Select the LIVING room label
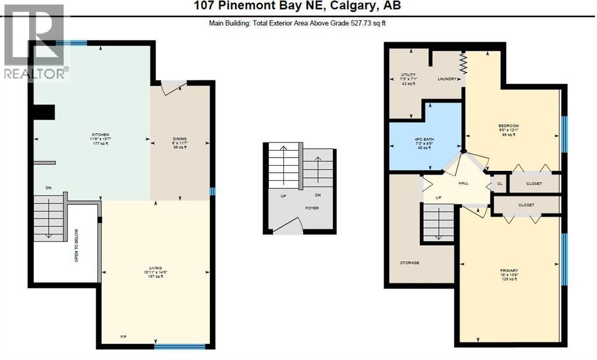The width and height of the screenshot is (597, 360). [x=155, y=267]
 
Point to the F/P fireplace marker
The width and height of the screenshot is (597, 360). [x=124, y=337]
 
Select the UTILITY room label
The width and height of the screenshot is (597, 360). [x=408, y=75]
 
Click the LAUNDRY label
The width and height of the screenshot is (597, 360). [x=447, y=79]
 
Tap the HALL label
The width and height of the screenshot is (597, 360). [x=463, y=183]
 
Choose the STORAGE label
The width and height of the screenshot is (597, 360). [x=409, y=263]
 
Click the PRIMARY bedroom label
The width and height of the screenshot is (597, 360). [x=509, y=270]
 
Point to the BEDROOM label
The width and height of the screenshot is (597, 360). [x=508, y=126]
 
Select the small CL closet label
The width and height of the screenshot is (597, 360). [x=500, y=183]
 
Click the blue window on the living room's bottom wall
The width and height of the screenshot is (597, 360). [x=180, y=347]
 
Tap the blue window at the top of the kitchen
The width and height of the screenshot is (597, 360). [x=75, y=42]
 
